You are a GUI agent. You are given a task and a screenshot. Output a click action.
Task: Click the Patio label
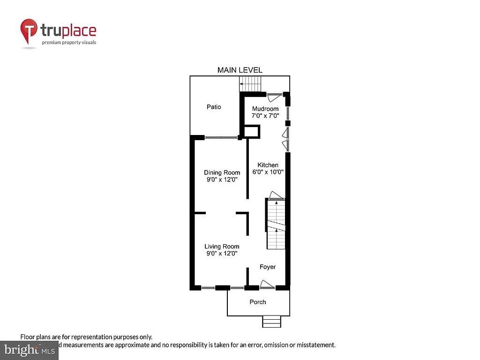point(214,107)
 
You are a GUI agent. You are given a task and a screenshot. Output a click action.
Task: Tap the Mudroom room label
point(265,109)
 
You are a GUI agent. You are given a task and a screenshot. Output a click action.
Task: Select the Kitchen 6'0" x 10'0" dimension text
point(268,172)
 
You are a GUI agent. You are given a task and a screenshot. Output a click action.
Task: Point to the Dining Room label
point(222,172)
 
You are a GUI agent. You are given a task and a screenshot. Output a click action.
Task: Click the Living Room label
point(222,247)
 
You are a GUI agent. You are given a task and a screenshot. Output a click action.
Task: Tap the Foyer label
point(268,267)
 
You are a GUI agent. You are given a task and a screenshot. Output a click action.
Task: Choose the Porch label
point(258,302)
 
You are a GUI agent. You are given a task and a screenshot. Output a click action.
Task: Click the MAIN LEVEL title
point(240,70)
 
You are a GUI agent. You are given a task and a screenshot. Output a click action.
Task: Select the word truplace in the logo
point(68,31)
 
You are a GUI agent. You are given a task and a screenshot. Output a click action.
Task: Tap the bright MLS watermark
point(29,349)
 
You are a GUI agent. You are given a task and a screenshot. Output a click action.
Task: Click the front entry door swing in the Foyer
point(267,284)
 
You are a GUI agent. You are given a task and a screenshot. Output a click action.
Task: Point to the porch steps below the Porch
point(271,322)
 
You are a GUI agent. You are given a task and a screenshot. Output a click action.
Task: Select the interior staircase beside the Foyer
point(276,224)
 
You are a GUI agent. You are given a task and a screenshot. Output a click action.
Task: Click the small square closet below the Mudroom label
point(252,131)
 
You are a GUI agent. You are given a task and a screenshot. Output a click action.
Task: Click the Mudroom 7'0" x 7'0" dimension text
point(265,115)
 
